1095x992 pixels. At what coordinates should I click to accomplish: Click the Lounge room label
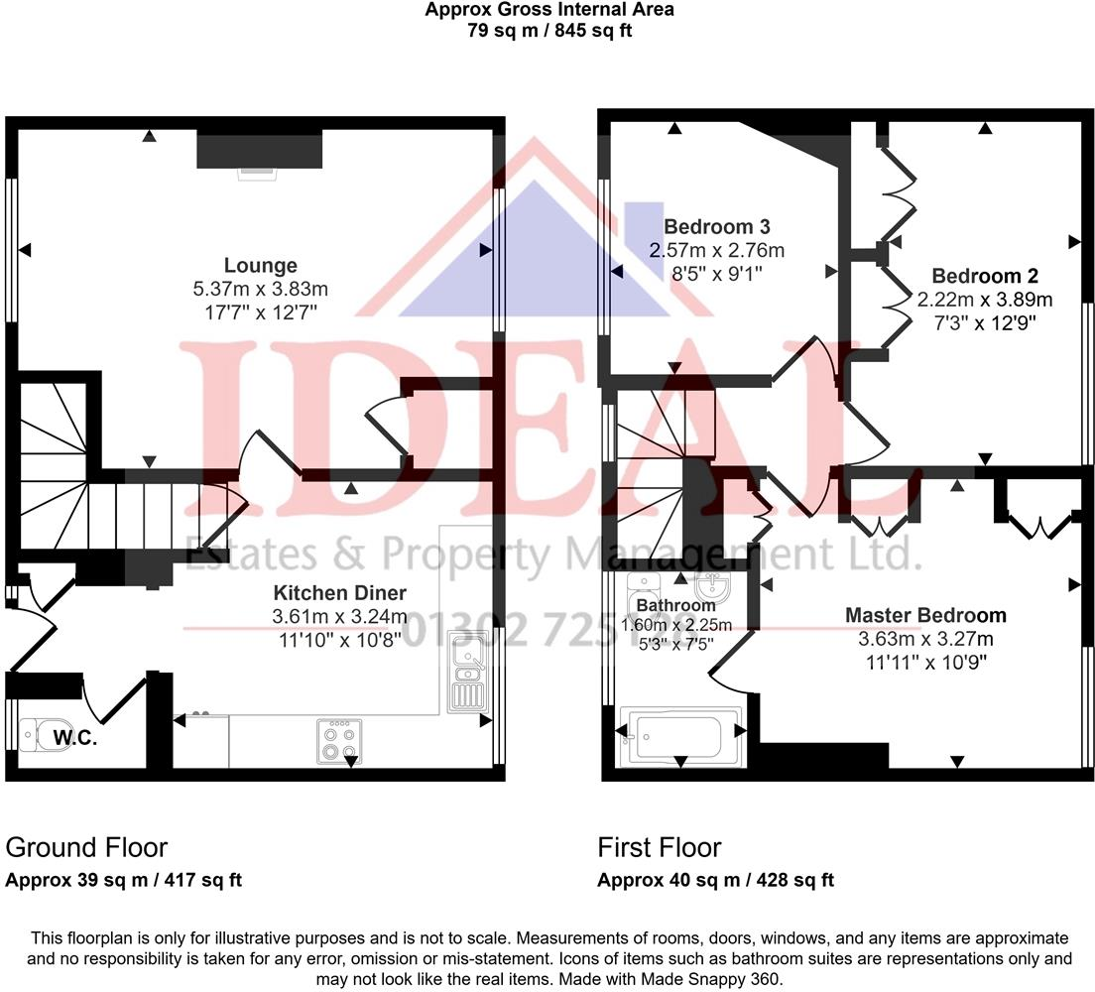click(260, 266)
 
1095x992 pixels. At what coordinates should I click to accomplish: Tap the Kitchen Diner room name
click(339, 593)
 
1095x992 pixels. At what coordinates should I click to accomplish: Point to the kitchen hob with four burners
click(339, 741)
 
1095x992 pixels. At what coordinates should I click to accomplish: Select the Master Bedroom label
click(924, 615)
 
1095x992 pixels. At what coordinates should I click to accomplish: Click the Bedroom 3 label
click(716, 226)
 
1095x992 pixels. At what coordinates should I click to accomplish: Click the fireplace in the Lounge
click(259, 151)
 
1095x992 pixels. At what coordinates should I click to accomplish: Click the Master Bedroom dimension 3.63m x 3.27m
click(924, 639)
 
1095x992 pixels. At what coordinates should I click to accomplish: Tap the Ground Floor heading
click(86, 847)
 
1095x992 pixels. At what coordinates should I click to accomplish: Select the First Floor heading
click(659, 847)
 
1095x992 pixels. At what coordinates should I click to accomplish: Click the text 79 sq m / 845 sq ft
click(549, 30)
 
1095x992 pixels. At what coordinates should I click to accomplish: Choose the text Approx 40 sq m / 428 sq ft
click(715, 880)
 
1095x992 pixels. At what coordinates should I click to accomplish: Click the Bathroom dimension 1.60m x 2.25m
click(675, 625)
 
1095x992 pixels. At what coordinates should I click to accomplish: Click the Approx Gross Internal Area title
click(549, 10)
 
